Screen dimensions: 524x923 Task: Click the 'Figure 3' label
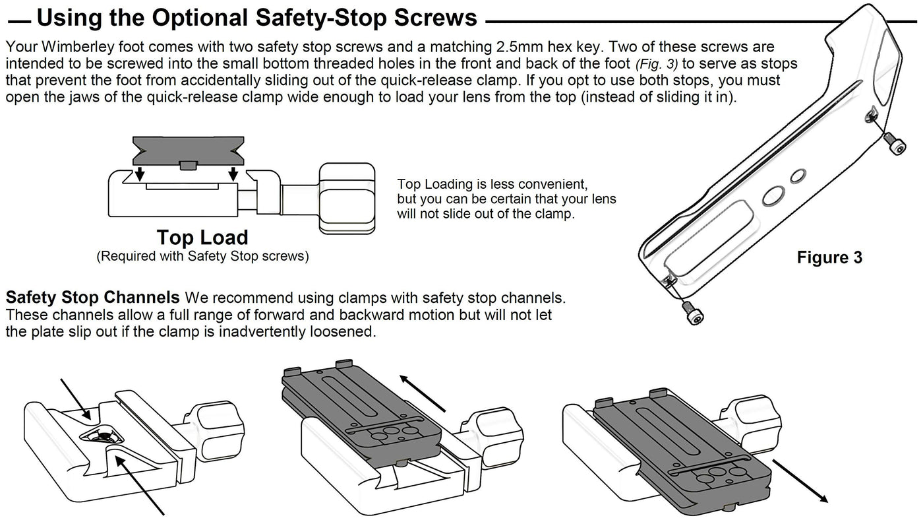coord(829,257)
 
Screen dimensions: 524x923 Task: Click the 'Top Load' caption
coord(202,238)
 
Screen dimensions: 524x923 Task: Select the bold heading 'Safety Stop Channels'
coord(92,297)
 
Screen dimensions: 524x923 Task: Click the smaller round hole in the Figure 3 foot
coord(798,175)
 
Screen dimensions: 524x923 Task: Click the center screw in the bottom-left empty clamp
coord(104,436)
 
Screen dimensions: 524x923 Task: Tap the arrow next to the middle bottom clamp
coord(422,392)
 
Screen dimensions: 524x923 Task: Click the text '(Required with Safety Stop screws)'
coord(202,256)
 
